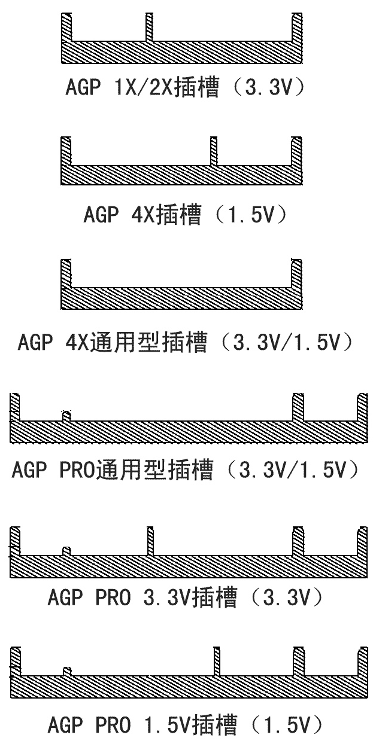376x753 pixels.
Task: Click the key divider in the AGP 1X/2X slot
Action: point(149,28)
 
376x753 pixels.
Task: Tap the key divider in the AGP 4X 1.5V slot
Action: point(214,151)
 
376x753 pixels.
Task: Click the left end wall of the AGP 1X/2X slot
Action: point(66,28)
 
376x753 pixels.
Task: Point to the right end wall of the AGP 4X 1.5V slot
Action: point(296,151)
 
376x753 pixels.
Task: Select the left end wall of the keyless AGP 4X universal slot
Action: point(66,273)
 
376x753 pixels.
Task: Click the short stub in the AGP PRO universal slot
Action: point(66,416)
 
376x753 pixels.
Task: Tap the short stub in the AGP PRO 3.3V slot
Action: point(66,551)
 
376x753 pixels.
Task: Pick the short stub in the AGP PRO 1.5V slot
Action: point(67,672)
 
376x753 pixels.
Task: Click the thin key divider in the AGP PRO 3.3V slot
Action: point(150,541)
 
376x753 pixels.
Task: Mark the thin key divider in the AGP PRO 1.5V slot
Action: point(217,661)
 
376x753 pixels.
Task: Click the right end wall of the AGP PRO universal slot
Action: point(362,407)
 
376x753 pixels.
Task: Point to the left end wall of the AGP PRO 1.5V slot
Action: point(16,661)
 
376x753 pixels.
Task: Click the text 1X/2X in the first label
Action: point(144,87)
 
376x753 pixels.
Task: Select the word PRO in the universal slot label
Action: point(78,470)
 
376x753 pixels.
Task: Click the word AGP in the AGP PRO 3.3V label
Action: point(65,597)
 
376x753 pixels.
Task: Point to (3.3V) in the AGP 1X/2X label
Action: point(268,87)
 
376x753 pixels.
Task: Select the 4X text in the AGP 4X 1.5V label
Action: point(142,215)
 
